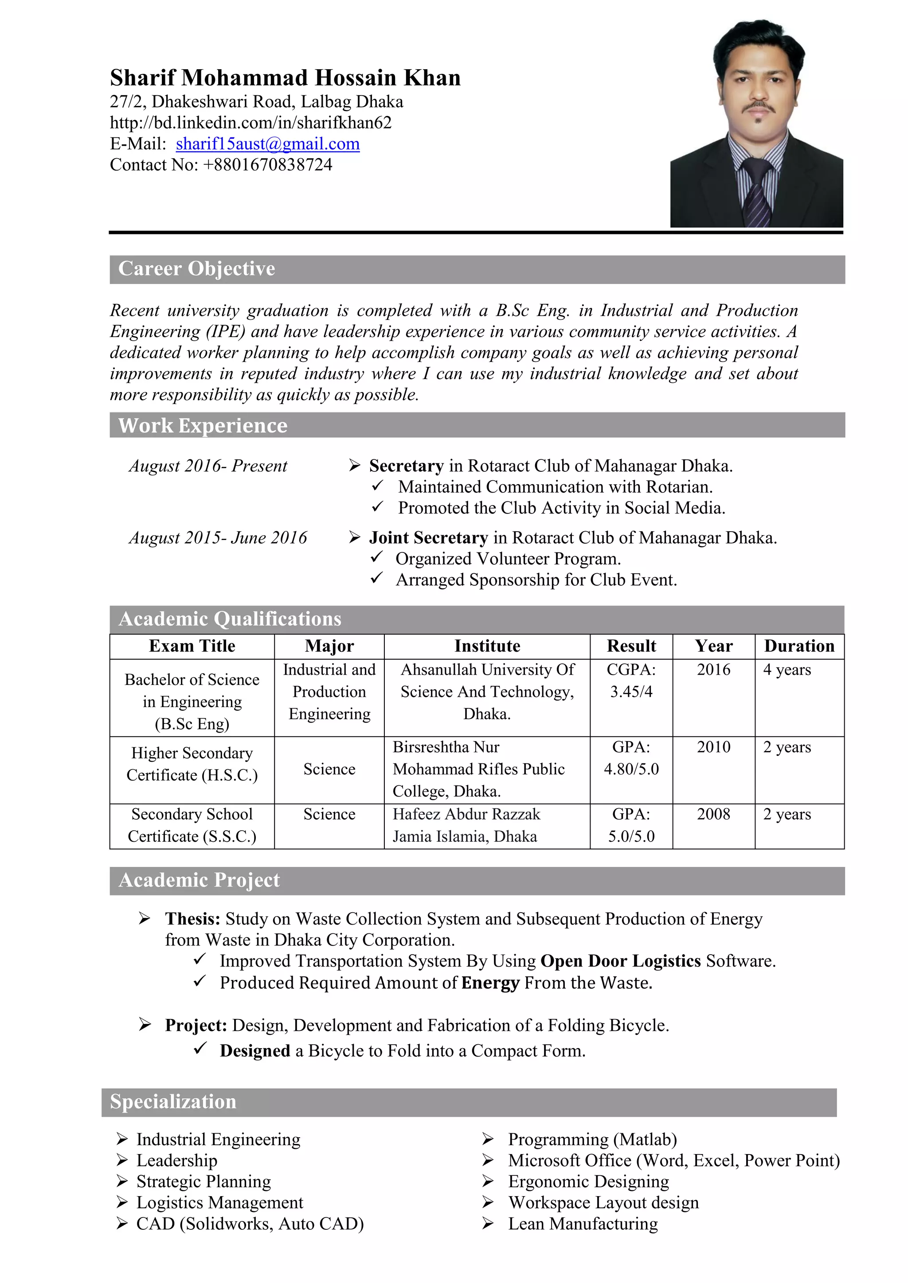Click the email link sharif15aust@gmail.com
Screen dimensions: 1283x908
(x=267, y=144)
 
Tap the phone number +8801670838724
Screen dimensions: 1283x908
(x=268, y=165)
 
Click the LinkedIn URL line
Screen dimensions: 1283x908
(x=250, y=123)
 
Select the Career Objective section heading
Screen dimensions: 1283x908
(x=197, y=269)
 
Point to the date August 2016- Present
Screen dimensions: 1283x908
(x=208, y=466)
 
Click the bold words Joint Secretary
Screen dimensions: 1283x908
(x=428, y=537)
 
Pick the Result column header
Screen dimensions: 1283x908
(x=631, y=646)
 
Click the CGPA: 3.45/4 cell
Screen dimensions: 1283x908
(x=631, y=680)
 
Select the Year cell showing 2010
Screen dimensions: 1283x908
(x=713, y=747)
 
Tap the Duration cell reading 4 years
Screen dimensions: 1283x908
(x=787, y=669)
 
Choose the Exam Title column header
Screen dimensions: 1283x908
(x=192, y=646)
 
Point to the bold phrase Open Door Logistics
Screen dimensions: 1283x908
(x=621, y=960)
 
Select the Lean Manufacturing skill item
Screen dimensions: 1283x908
(x=583, y=1224)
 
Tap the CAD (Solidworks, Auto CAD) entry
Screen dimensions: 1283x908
(x=250, y=1224)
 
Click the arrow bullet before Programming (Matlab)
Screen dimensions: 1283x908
(x=488, y=1139)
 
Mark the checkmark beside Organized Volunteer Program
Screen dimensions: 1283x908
(x=377, y=558)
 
